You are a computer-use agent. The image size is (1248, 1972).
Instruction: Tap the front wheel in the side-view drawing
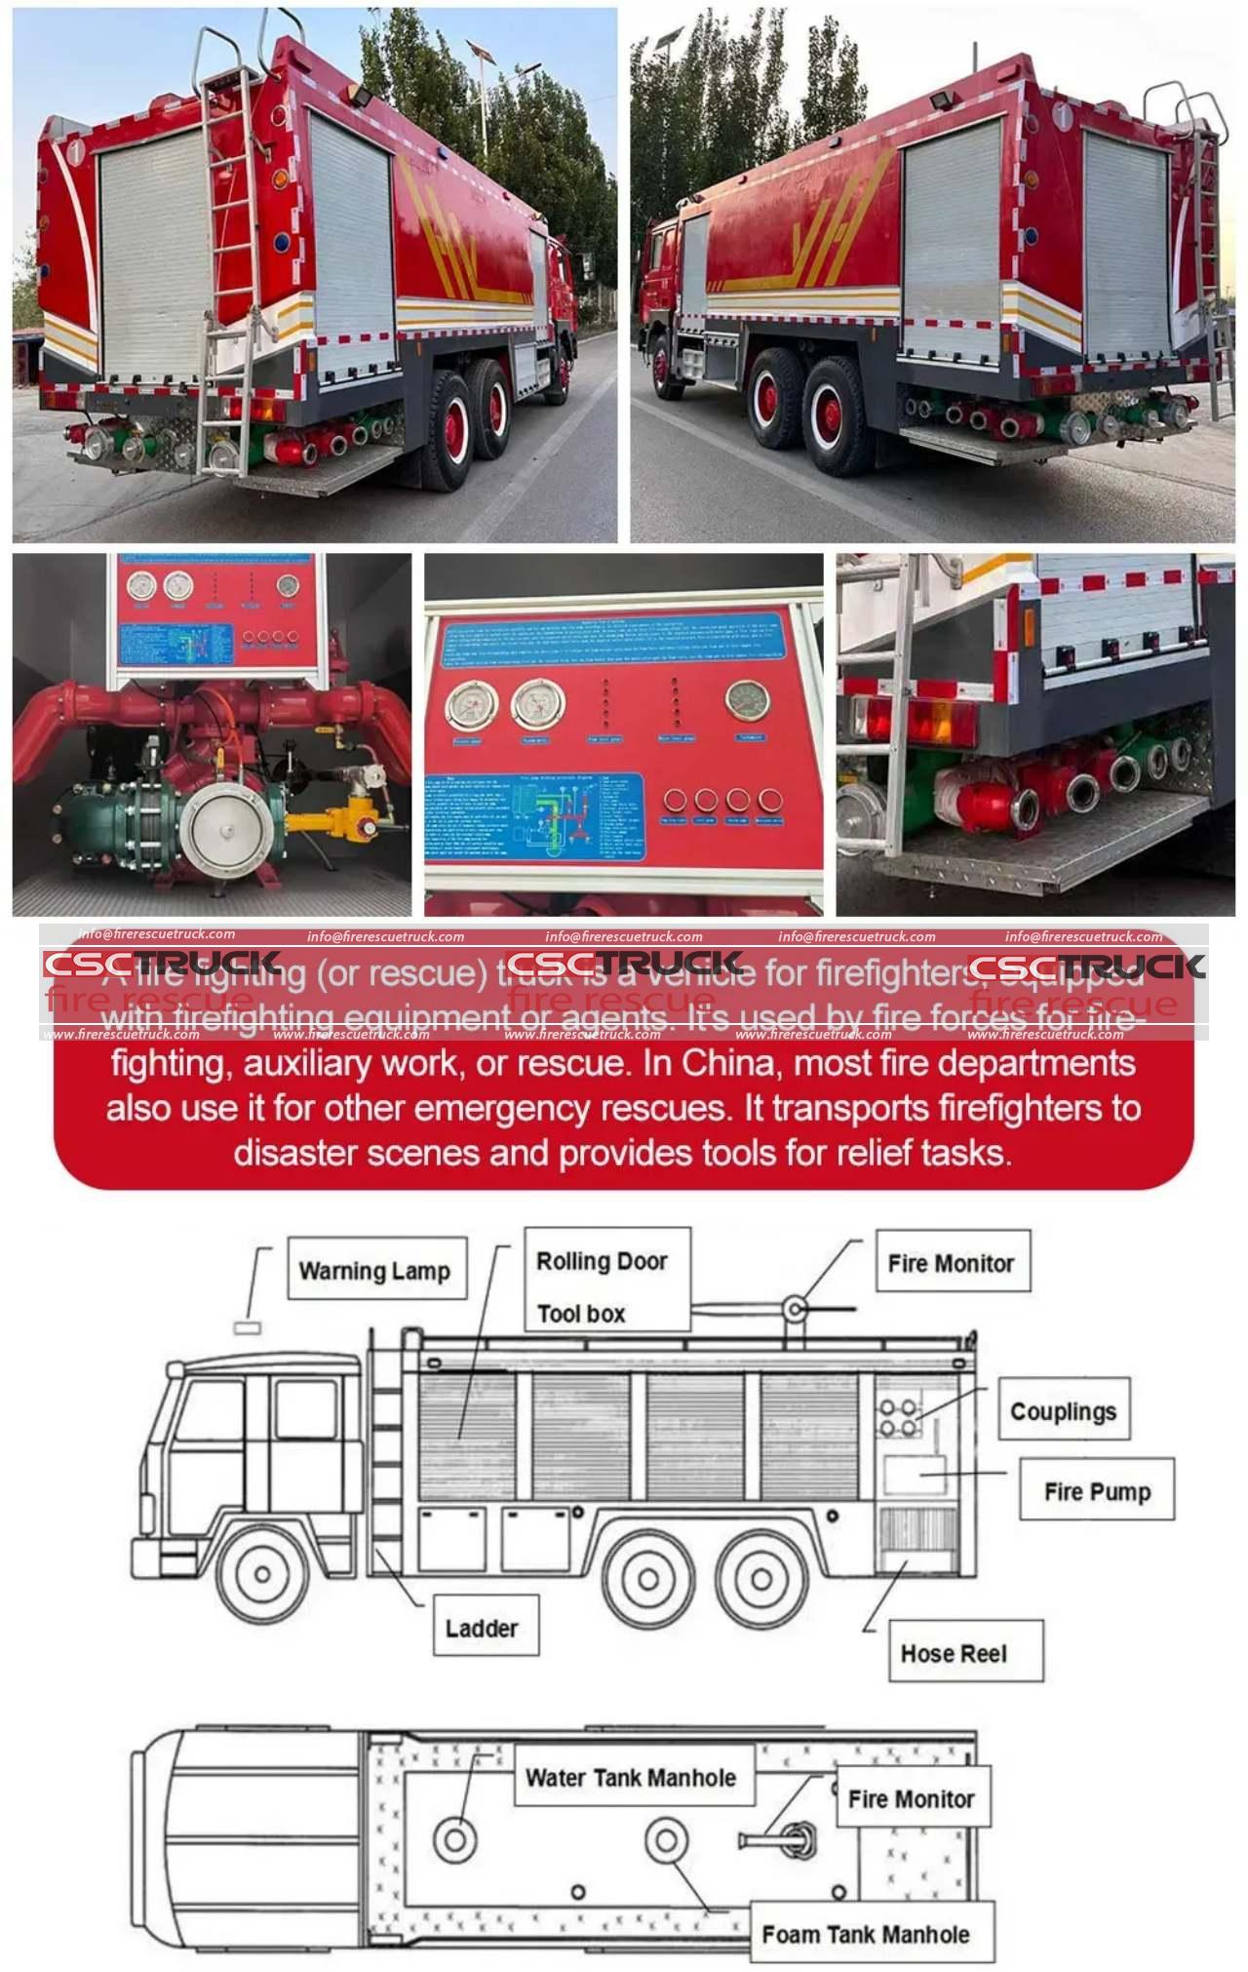[262, 1573]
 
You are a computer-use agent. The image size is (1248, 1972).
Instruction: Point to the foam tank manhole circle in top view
[666, 1840]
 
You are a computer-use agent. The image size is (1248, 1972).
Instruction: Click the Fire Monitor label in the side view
[951, 1263]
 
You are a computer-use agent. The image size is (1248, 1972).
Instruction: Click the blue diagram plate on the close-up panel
[534, 815]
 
